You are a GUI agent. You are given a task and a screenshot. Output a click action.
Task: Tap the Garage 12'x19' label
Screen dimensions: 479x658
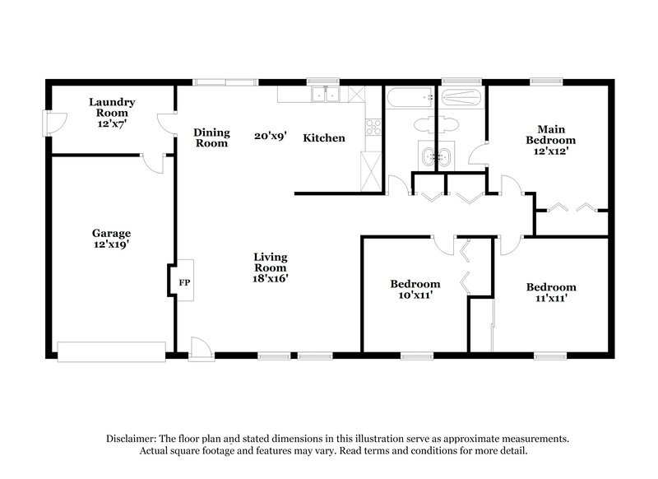click(x=111, y=239)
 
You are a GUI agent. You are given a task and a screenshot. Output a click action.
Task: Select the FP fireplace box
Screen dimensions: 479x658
click(x=184, y=281)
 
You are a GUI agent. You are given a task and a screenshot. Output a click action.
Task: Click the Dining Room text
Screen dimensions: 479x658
click(x=211, y=137)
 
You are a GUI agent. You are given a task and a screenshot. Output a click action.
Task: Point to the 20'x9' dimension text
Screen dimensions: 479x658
click(x=270, y=137)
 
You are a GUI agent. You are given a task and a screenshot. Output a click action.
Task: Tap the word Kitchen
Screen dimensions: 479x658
click(x=324, y=137)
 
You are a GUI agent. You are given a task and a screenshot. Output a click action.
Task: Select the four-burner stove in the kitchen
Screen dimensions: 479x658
click(x=372, y=128)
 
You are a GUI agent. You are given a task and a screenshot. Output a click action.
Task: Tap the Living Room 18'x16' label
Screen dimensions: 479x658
click(x=270, y=267)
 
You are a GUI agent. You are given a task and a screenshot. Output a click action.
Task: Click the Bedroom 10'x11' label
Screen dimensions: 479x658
click(x=415, y=290)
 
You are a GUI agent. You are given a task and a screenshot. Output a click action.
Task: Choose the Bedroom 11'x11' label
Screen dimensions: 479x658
click(x=551, y=293)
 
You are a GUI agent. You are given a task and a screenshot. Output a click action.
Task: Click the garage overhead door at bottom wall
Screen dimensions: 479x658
click(x=111, y=351)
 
